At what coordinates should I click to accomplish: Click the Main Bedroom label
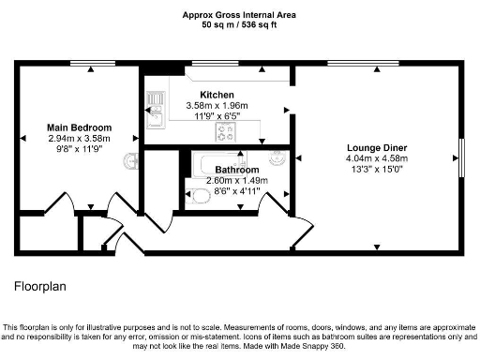pos(80,127)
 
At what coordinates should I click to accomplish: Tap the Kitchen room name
pos(217,95)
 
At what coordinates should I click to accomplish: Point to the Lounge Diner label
pos(376,148)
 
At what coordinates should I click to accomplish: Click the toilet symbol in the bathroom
pos(200,196)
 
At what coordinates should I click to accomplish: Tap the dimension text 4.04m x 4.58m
pos(376,159)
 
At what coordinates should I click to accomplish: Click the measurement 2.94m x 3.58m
pos(80,139)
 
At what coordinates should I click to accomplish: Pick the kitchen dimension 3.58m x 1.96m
pos(217,106)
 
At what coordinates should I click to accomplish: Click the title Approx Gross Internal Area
pos(239,14)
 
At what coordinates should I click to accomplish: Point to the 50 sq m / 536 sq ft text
pos(239,25)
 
